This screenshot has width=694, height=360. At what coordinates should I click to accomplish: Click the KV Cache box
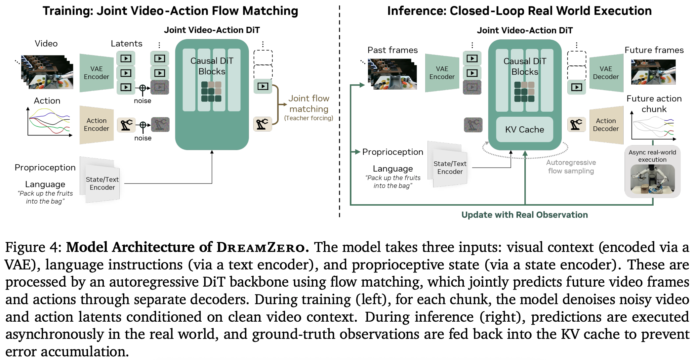(524, 129)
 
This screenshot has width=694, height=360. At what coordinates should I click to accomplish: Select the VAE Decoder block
(606, 73)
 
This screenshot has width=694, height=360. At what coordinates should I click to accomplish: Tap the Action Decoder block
(606, 125)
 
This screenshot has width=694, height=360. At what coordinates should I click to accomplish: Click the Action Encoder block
(96, 125)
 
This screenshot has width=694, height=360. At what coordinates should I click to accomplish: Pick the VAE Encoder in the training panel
(96, 73)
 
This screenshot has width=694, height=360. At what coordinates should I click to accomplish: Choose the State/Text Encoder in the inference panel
(450, 167)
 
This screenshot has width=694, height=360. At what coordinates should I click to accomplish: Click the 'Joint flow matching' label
(308, 103)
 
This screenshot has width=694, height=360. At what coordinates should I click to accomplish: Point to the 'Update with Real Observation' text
(524, 215)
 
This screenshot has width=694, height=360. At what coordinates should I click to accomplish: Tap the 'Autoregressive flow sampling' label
(571, 167)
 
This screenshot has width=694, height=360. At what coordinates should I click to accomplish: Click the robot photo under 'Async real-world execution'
(652, 179)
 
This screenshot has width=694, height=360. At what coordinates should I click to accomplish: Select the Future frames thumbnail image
(653, 72)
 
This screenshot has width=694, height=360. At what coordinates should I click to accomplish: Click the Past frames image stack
(392, 74)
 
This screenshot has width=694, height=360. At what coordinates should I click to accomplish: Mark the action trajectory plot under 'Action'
(50, 122)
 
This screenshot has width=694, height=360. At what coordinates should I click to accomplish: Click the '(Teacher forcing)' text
(308, 118)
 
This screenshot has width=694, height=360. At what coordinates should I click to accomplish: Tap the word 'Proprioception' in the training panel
(45, 168)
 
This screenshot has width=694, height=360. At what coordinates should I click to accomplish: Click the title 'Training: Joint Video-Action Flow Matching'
(170, 11)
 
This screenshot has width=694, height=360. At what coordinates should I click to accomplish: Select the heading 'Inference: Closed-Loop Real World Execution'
(519, 11)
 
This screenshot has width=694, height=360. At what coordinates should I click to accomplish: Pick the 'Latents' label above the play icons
(126, 44)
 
